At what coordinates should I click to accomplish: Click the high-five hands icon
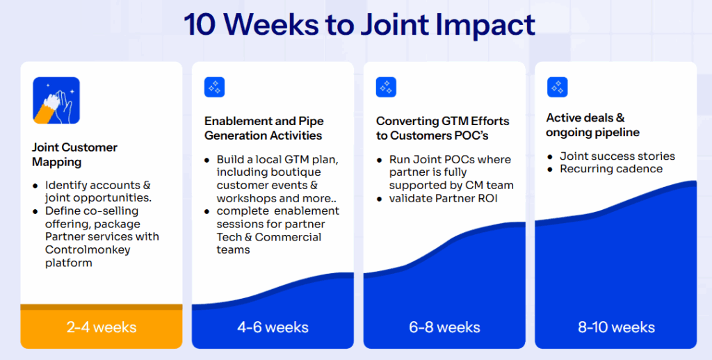pos(56,101)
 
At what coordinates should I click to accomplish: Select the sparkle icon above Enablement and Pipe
pos(214,88)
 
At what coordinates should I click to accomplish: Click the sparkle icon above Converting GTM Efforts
pos(386,88)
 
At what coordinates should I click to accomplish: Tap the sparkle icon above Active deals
pos(558,88)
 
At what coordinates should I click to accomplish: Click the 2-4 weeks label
pos(102,327)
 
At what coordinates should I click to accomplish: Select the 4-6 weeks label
pos(273,327)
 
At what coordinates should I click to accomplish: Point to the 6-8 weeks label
pos(444,327)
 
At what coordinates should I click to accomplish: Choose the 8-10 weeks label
pos(615,327)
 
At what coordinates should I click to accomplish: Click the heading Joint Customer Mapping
pos(74,154)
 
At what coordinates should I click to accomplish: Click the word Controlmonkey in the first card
pos(88,249)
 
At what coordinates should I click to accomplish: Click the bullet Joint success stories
pos(617,156)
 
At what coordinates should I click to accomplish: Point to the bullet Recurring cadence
pos(611,169)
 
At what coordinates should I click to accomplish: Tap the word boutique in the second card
pos(297,172)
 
